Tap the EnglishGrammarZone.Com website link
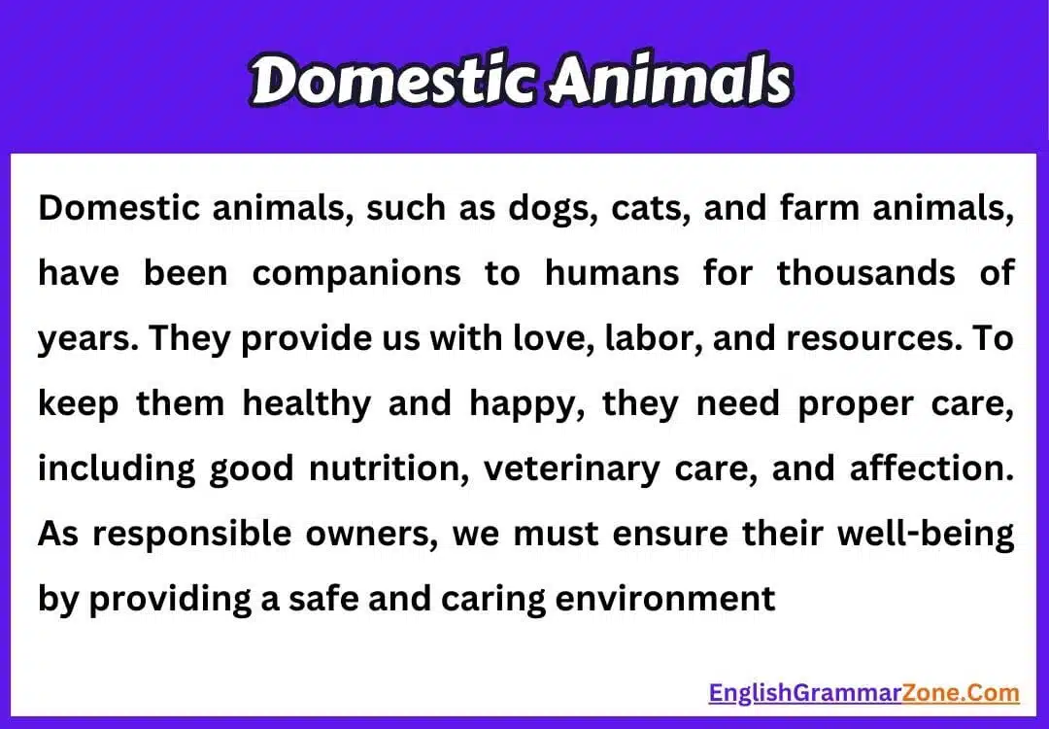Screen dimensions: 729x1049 coord(863,693)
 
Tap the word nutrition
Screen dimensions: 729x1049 coord(389,469)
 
